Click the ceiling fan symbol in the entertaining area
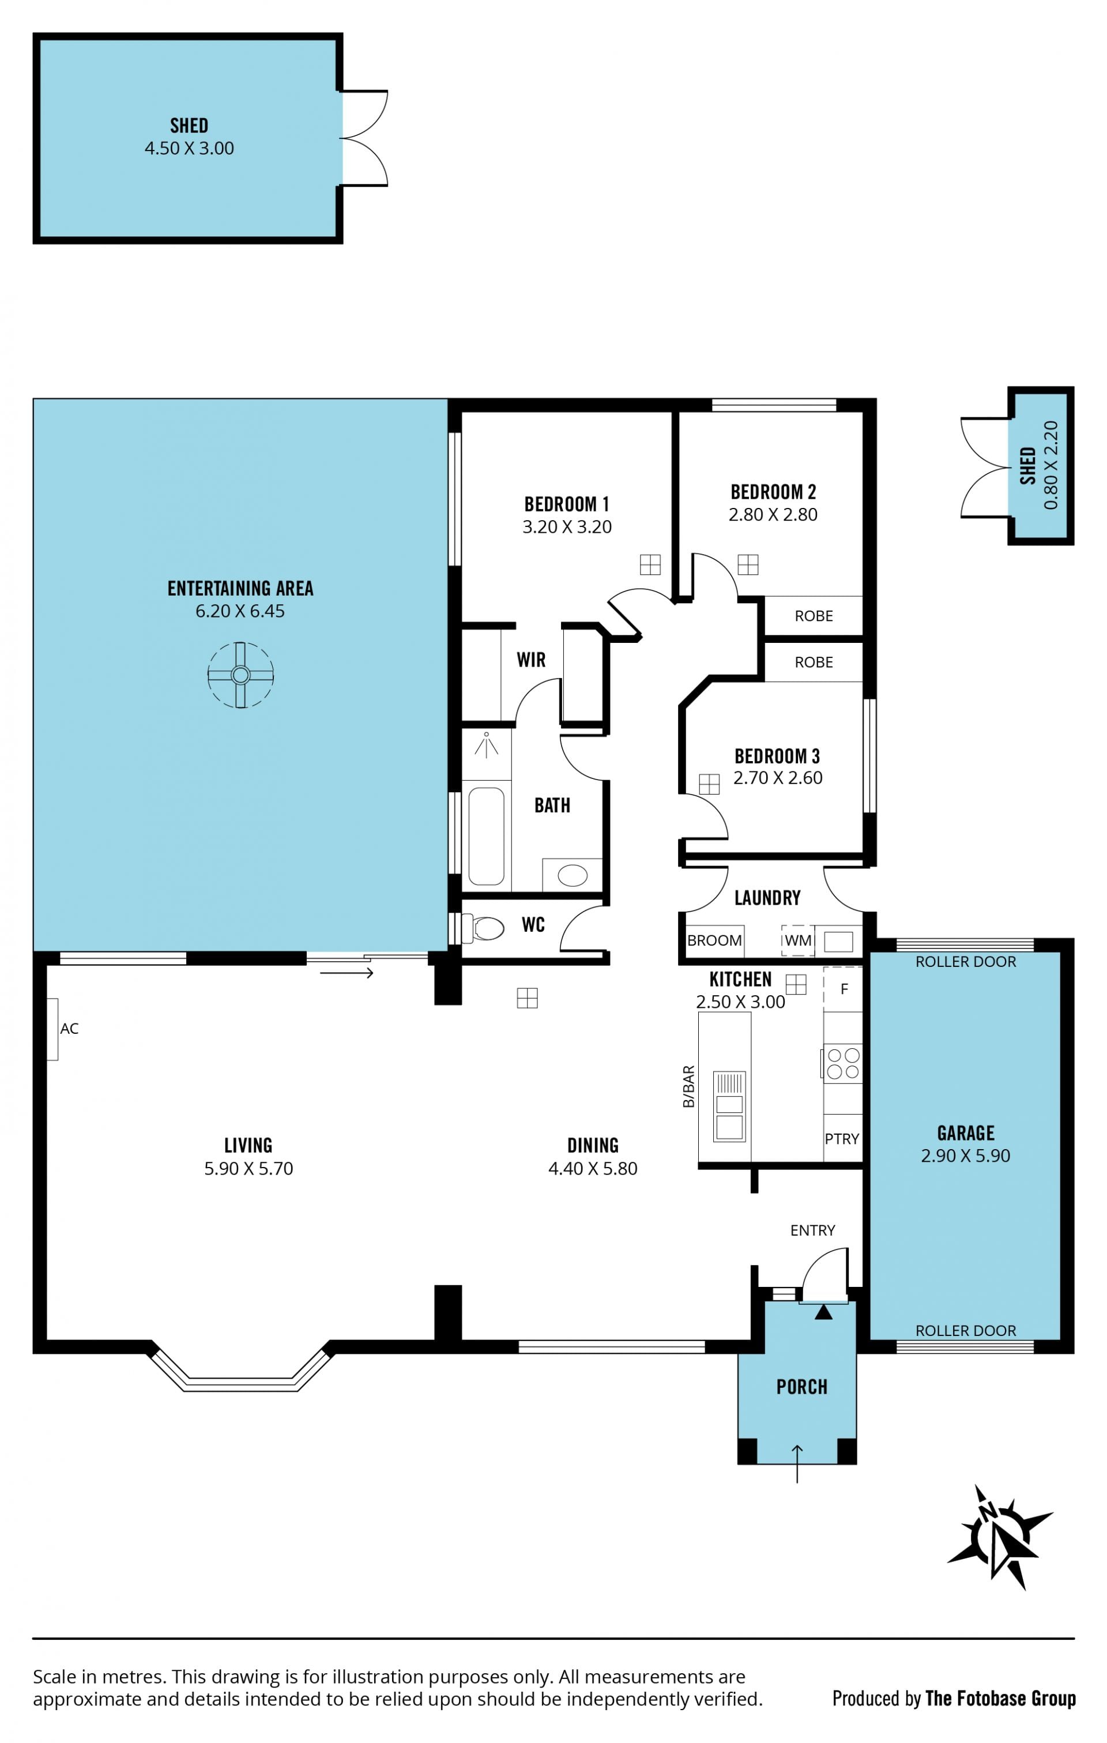(x=240, y=675)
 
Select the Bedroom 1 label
(x=567, y=504)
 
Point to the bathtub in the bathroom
(x=486, y=836)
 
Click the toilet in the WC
(x=483, y=927)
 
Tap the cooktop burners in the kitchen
(x=843, y=1063)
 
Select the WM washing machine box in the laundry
(x=797, y=940)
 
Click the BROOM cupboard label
(x=714, y=940)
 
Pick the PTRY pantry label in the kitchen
(x=842, y=1139)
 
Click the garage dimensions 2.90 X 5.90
(x=965, y=1155)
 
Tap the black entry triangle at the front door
(x=823, y=1312)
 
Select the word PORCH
(x=801, y=1387)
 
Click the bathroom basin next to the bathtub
(x=573, y=875)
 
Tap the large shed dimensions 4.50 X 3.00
(x=189, y=148)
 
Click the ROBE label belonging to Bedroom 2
(x=814, y=616)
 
